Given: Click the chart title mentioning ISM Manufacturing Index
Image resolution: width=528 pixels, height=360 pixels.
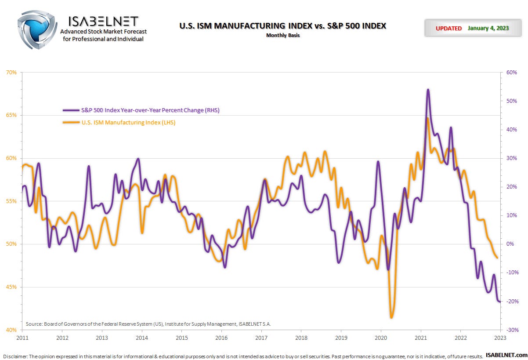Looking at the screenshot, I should (x=282, y=26).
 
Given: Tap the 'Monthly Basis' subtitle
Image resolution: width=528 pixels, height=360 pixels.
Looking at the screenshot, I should (x=282, y=35).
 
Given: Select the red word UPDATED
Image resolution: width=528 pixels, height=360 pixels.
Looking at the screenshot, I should (x=448, y=28).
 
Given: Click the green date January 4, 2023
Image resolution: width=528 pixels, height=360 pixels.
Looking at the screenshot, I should (x=488, y=28).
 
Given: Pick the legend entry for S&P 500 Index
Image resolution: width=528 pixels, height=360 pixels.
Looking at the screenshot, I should (x=150, y=110).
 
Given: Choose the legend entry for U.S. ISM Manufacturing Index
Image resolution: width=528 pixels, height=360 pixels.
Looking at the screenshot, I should (x=128, y=123).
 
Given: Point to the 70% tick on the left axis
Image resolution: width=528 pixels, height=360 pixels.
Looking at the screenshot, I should (x=11, y=72).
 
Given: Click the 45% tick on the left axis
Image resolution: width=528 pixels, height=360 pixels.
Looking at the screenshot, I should (x=11, y=287).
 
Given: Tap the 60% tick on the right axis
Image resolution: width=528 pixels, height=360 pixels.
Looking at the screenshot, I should (x=512, y=72).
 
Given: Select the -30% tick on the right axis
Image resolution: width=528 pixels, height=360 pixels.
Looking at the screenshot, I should (x=512, y=330).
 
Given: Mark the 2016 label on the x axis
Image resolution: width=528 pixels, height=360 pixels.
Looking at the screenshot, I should (x=221, y=338).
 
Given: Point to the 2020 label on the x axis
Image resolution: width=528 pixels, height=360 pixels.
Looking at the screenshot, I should (x=380, y=338).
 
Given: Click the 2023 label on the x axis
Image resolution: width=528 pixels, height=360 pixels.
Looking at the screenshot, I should (x=500, y=338).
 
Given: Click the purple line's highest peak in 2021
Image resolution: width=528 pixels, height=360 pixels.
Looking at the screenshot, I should (x=428, y=90).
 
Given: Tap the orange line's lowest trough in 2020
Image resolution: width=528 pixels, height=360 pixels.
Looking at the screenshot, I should (x=391, y=317).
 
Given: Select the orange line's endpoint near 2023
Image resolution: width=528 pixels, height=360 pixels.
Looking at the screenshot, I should (x=497, y=258).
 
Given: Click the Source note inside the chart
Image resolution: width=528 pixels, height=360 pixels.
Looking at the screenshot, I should (x=148, y=324).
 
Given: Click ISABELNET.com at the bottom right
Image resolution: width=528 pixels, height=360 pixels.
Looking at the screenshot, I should (x=507, y=355).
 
